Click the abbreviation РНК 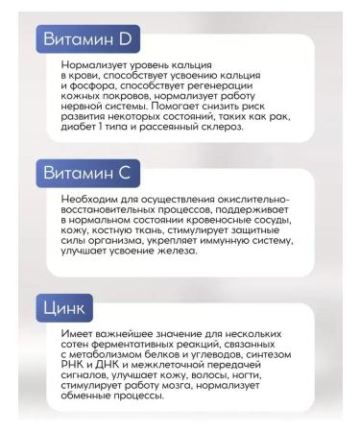click(x=74, y=365)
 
